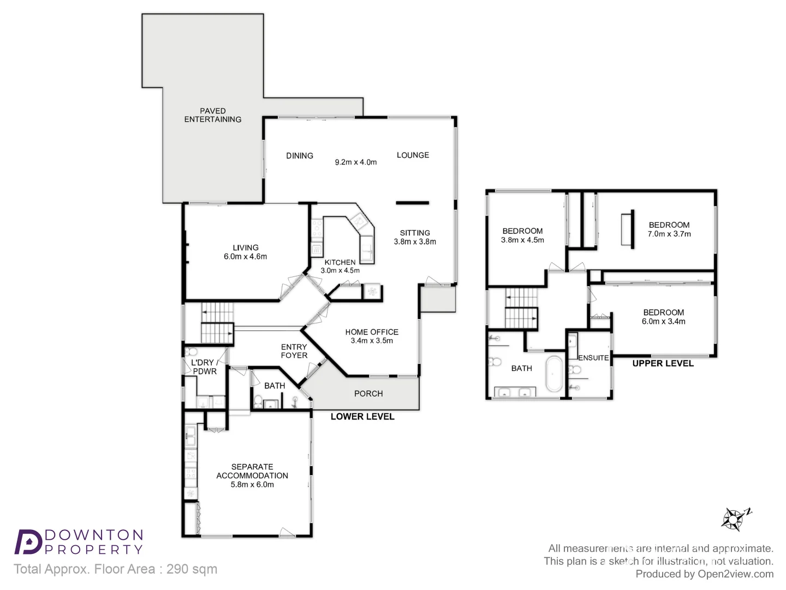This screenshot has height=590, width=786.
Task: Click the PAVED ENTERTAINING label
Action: point(212,115)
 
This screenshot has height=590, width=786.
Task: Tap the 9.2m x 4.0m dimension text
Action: point(355,162)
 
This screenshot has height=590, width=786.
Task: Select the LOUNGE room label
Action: point(413,155)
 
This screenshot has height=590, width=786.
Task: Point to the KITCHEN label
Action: point(340,262)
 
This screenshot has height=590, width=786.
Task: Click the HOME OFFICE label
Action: point(371,332)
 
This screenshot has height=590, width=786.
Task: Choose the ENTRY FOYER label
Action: point(294,351)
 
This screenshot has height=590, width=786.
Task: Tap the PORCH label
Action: point(368,393)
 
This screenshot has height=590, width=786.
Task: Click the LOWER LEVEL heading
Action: point(362,416)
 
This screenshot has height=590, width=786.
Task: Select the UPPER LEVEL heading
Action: point(663,363)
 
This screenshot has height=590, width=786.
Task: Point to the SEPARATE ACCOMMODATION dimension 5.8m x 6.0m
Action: point(252,485)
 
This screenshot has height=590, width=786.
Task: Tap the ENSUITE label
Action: point(593,358)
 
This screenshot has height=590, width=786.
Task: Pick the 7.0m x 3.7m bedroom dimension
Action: point(669,234)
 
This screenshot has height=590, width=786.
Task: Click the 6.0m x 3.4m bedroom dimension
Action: point(663,321)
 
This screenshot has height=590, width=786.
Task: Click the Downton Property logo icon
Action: point(28,542)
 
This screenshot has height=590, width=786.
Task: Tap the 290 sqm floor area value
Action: point(192,569)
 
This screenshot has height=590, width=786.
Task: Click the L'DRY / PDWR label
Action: point(205,367)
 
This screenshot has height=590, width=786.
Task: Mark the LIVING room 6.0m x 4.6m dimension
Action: point(245,257)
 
